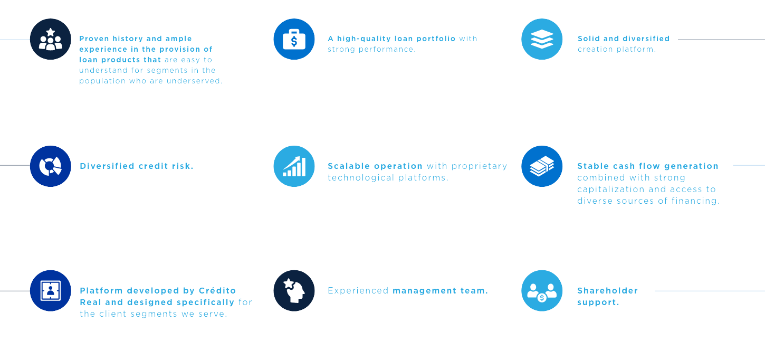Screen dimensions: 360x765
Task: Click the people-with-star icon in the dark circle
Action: point(50,39)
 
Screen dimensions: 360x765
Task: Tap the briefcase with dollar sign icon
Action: point(294,39)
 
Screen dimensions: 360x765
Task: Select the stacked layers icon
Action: point(542,39)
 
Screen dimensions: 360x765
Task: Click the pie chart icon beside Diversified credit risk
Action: point(50,166)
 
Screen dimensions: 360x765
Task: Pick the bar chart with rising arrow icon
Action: point(294,166)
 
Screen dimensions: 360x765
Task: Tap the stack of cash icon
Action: point(542,166)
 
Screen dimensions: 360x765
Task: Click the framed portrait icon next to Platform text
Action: point(50,291)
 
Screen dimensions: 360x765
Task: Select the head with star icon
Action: point(294,291)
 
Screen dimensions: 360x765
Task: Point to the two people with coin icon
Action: point(542,291)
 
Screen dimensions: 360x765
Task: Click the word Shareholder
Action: point(607,291)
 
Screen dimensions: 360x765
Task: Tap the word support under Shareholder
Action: point(597,302)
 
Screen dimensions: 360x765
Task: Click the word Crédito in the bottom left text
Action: point(217,291)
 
